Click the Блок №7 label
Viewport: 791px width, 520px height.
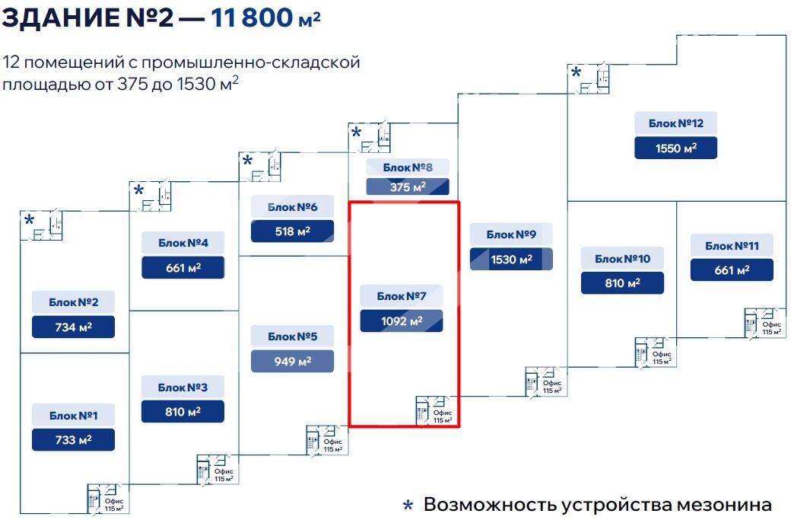tap(401, 296)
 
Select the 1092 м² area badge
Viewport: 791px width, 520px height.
tap(401, 321)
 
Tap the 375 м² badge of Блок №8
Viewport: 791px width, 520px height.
tap(408, 187)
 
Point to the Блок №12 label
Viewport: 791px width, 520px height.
tap(675, 123)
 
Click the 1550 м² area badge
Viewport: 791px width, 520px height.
tap(675, 148)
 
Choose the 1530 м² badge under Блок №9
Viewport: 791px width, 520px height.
tap(510, 260)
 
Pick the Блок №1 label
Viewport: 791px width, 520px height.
tap(73, 416)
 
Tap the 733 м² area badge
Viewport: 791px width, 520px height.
tap(73, 440)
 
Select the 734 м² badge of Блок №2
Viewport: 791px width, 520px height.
tap(73, 327)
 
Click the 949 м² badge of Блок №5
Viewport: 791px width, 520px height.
tap(292, 361)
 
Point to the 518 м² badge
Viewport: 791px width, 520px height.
tap(292, 231)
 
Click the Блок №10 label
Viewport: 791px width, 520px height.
tap(622, 259)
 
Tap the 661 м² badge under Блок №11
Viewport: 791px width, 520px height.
tap(732, 270)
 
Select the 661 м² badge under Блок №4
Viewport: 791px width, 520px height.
tap(183, 268)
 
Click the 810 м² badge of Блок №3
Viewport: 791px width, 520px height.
tap(183, 412)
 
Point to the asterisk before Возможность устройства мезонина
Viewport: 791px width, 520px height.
tap(408, 506)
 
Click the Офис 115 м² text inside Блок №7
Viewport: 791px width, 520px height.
tap(443, 416)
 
